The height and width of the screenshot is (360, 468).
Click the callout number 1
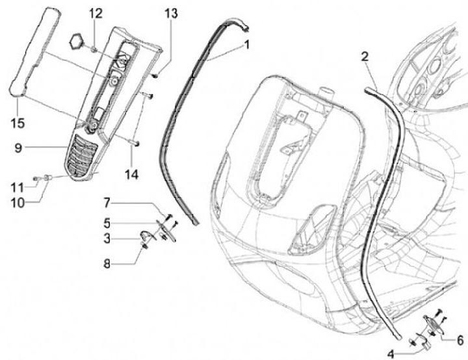point(247,45)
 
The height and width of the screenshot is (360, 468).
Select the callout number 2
point(365,56)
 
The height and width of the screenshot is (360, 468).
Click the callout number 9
point(19,148)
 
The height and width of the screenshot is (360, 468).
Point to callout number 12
point(95,13)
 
